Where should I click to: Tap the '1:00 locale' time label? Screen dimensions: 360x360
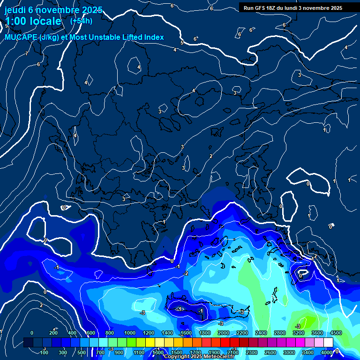click(x=33, y=21)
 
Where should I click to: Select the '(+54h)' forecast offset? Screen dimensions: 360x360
click(x=81, y=21)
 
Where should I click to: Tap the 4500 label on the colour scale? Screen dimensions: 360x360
click(x=336, y=333)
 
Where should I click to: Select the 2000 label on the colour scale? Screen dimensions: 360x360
click(x=224, y=333)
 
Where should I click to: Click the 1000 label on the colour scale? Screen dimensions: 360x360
click(x=129, y=333)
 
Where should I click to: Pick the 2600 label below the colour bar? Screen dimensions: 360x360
click(x=270, y=352)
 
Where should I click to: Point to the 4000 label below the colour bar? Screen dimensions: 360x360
click(x=327, y=352)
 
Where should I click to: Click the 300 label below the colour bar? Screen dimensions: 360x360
click(x=63, y=352)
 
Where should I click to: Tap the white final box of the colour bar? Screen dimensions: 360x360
click(x=328, y=342)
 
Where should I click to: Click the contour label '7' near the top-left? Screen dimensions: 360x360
click(x=27, y=54)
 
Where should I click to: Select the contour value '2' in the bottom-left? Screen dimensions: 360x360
click(x=41, y=305)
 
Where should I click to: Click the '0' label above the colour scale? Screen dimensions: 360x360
click(x=31, y=333)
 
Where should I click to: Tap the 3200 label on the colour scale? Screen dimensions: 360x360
click(x=299, y=333)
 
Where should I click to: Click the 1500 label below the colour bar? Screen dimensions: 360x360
click(x=177, y=352)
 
